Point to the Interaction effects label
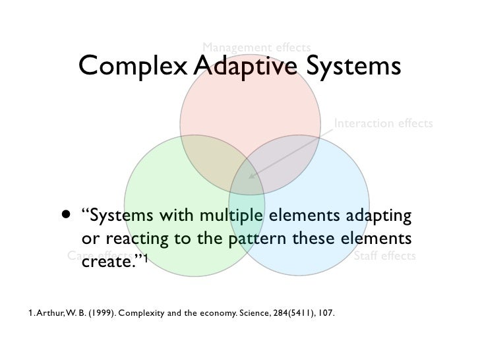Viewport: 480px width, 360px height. tap(383, 123)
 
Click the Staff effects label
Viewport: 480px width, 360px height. tap(384, 255)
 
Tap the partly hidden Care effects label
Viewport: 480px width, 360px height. tap(92, 256)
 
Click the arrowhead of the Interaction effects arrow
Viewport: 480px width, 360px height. tap(251, 176)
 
